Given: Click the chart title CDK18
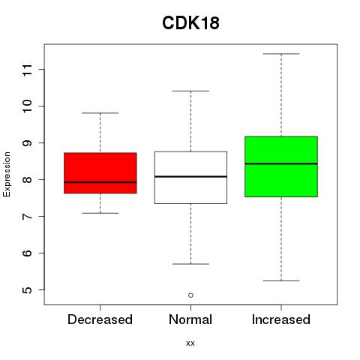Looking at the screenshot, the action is pyautogui.click(x=190, y=23).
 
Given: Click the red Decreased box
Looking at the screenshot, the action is pyautogui.click(x=100, y=173).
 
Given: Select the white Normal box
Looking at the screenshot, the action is pyautogui.click(x=190, y=178).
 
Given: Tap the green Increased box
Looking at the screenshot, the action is pyautogui.click(x=281, y=166).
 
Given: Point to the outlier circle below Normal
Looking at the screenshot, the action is pyautogui.click(x=190, y=295).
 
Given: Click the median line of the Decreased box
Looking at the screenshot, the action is pyautogui.click(x=100, y=182).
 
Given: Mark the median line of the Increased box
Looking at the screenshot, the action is pyautogui.click(x=281, y=163).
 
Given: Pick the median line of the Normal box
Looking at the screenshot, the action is pyautogui.click(x=190, y=177).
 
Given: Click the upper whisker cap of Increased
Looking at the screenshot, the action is pyautogui.click(x=281, y=54).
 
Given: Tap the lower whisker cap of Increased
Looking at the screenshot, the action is pyautogui.click(x=281, y=280).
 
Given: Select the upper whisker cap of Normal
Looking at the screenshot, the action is pyautogui.click(x=190, y=91).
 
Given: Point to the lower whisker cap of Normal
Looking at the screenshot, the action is pyautogui.click(x=190, y=264).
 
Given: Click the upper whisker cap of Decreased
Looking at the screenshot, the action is pyautogui.click(x=100, y=113).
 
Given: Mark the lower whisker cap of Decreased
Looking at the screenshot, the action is pyautogui.click(x=100, y=213).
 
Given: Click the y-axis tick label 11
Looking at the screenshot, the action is pyautogui.click(x=28, y=70).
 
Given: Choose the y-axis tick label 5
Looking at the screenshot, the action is pyautogui.click(x=28, y=290).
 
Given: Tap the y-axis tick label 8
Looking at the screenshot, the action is pyautogui.click(x=28, y=179).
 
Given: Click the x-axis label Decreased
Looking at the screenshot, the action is pyautogui.click(x=100, y=319).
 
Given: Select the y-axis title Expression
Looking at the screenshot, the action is pyautogui.click(x=7, y=174).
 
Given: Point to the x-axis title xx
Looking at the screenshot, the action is pyautogui.click(x=190, y=343).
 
